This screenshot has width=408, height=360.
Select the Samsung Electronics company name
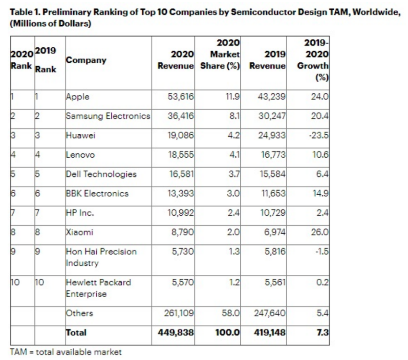pos(108,116)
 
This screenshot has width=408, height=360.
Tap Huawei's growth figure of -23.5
pos(320,136)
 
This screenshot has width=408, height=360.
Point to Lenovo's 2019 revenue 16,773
pos(272,155)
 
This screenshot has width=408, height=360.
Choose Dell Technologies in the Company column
pos(101,174)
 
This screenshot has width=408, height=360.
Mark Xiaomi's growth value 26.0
pos(320,232)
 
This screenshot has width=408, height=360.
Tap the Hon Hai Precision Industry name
pos(101,257)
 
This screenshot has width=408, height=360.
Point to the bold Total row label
pos(76,333)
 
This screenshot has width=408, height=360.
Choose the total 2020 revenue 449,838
pos(176,333)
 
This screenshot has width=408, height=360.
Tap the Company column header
pos(86,60)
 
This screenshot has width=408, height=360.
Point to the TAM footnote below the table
pos(65,352)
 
